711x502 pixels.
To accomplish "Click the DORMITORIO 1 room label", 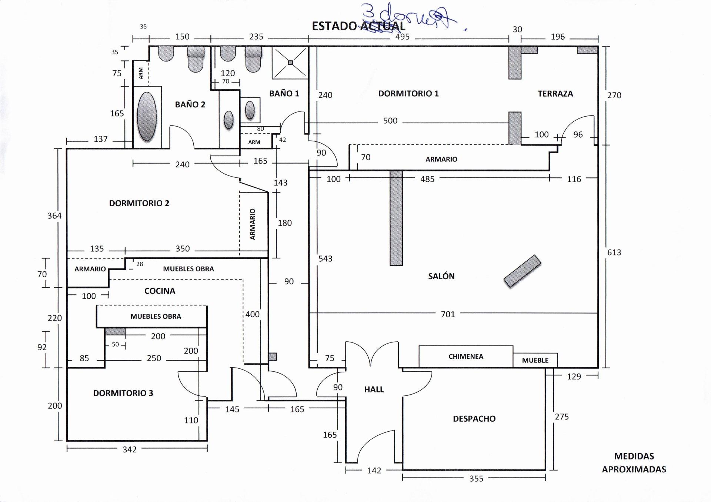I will coord(408,94).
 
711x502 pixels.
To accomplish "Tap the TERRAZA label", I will coord(555,94).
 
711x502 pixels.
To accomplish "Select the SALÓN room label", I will coord(441,276).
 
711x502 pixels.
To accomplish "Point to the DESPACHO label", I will coord(474,419).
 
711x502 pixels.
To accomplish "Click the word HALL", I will coord(374,389).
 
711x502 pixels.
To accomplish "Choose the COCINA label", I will coord(160,291).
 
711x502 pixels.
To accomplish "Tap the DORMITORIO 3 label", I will coord(123,393).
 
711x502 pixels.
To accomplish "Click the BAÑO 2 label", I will coord(190,105).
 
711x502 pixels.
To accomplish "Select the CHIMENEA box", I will coord(465,357).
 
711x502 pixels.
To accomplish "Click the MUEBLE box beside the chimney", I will coord(535,360).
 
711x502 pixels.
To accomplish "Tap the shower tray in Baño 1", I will coord(290,63).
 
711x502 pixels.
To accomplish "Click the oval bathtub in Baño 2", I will coord(147,117).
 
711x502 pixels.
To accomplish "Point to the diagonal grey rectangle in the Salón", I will coord(522,271).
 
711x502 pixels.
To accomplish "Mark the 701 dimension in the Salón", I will coord(448,314).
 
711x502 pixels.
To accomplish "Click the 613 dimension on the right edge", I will coord(614,252).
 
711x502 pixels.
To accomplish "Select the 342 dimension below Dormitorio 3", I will coord(130,449).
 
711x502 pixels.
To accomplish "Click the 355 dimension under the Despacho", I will coord(476,479).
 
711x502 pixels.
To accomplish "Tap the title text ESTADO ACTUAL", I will coord(358,26).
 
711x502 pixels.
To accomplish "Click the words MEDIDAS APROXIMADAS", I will coord(634,463).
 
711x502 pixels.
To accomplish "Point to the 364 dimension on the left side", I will coord(54,216).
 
